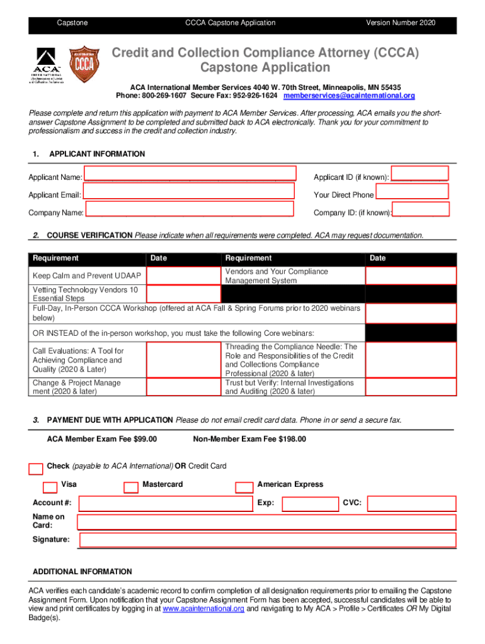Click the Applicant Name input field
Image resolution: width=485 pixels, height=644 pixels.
[190, 174]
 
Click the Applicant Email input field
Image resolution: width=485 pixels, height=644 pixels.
[189, 191]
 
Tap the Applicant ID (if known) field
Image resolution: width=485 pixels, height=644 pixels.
[420, 174]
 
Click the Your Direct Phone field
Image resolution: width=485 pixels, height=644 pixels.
[412, 191]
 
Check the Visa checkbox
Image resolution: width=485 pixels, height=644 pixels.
[49, 487]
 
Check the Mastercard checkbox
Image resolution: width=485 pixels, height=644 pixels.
[131, 487]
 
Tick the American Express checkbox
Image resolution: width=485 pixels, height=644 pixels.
[244, 487]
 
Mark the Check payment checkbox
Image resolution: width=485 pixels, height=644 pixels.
[36, 469]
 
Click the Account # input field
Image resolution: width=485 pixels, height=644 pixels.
[165, 504]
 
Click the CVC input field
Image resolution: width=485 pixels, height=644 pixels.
[411, 504]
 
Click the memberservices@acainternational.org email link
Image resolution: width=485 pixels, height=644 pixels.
[349, 96]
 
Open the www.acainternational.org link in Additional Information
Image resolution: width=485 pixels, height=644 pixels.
[203, 609]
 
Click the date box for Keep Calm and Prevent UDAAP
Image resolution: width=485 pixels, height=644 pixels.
[184, 276]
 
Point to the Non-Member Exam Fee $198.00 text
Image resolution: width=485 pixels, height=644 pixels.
[249, 439]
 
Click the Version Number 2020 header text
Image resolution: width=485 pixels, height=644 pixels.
[401, 23]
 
